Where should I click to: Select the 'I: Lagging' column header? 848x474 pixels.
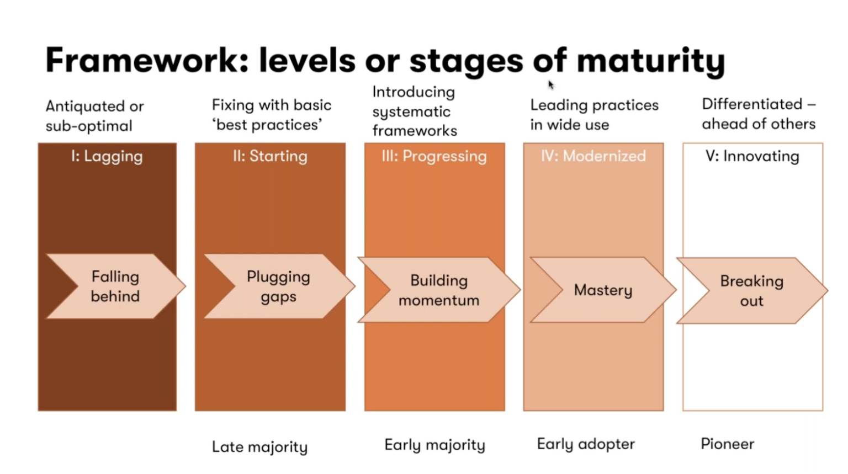pyautogui.click(x=107, y=156)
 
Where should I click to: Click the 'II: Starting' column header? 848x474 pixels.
pyautogui.click(x=270, y=156)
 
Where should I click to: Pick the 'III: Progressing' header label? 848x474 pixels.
pyautogui.click(x=434, y=156)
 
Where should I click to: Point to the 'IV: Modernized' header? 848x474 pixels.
pyautogui.click(x=593, y=156)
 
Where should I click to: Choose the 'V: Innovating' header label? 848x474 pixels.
pyautogui.click(x=752, y=156)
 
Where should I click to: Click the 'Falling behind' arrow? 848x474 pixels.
pyautogui.click(x=115, y=286)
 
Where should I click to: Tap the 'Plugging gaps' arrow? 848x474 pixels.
pyautogui.click(x=278, y=286)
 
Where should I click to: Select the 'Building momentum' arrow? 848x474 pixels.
pyautogui.click(x=439, y=290)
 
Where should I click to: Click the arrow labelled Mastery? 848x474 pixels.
pyautogui.click(x=603, y=290)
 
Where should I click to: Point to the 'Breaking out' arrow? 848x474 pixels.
pyautogui.click(x=751, y=291)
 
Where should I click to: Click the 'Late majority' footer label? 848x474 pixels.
pyautogui.click(x=259, y=446)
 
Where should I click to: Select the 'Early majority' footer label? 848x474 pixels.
pyautogui.click(x=434, y=445)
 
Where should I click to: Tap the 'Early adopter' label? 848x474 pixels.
pyautogui.click(x=586, y=444)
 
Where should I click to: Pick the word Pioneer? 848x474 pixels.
pyautogui.click(x=727, y=444)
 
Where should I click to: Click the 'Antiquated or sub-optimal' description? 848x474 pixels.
pyautogui.click(x=94, y=116)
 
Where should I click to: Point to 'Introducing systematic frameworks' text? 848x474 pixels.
pyautogui.click(x=415, y=111)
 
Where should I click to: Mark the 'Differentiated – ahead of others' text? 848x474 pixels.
pyautogui.click(x=759, y=114)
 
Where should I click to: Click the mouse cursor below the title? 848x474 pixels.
pyautogui.click(x=550, y=84)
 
